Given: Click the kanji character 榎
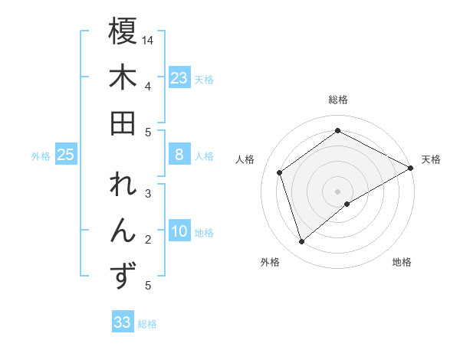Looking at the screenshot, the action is tap(123, 32).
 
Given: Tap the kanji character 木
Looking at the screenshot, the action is tap(123, 79).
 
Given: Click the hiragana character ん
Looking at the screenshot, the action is tap(123, 231).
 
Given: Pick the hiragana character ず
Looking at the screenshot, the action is tap(123, 277).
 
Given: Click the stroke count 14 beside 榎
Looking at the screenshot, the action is tap(148, 39).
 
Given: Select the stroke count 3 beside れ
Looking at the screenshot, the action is tap(148, 194).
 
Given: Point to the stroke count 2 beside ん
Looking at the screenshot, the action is tap(148, 240).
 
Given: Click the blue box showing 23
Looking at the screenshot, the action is tap(179, 77).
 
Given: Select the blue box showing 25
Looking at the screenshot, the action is tap(65, 155).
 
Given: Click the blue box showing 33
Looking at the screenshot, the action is tap(122, 322).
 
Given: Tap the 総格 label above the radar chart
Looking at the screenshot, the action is tap(338, 100).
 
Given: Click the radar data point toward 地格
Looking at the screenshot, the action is tap(347, 204).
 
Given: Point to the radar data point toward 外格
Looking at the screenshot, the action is tap(301, 242).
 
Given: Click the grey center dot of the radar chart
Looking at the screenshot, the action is tap(338, 190).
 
